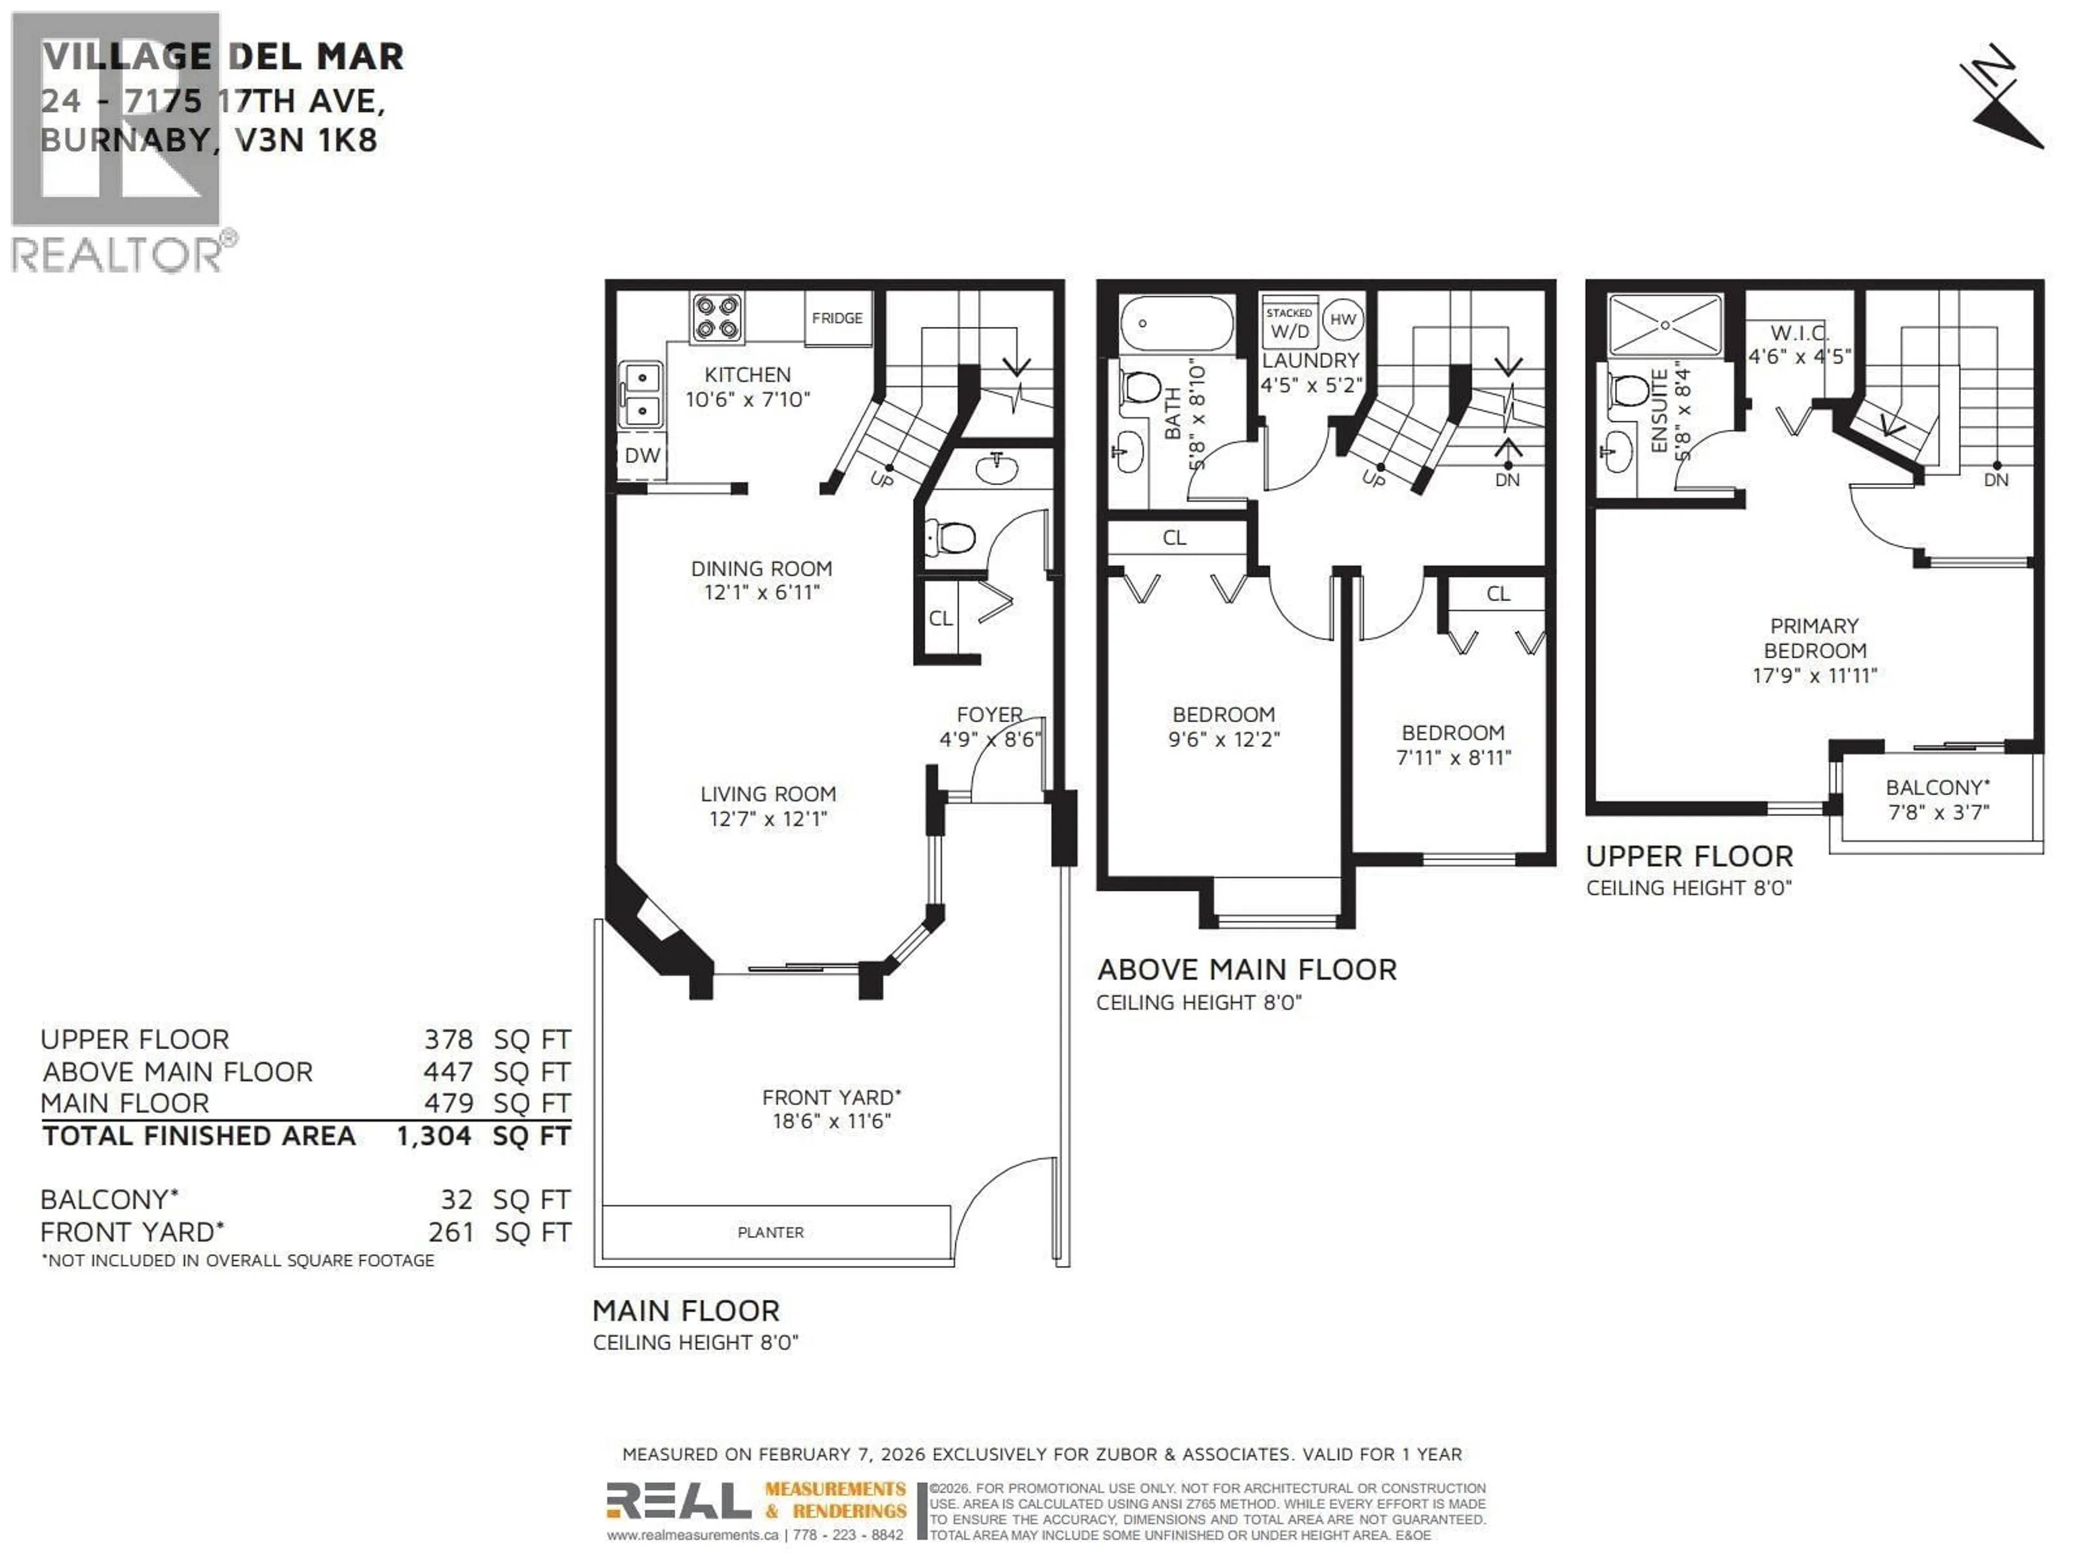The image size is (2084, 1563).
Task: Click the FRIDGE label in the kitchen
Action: (x=837, y=319)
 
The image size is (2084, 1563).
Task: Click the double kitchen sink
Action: (x=641, y=395)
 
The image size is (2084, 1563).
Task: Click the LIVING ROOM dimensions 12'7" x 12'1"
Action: (x=768, y=819)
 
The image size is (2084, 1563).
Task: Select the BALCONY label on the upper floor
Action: (x=1937, y=787)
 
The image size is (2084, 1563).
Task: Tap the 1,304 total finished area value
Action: (x=434, y=1136)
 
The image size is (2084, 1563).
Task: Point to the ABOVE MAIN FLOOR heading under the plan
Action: (x=1247, y=969)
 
